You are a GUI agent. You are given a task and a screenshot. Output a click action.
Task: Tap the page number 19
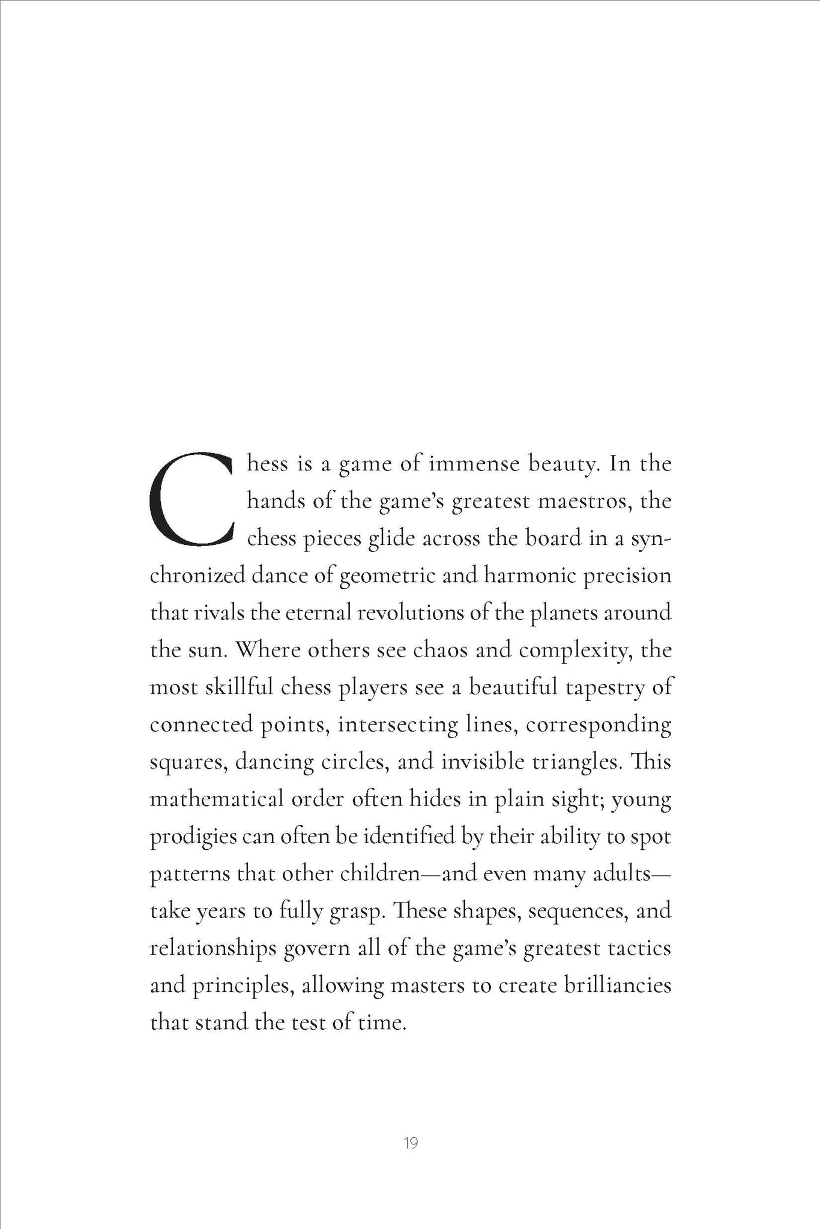(x=411, y=1143)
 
